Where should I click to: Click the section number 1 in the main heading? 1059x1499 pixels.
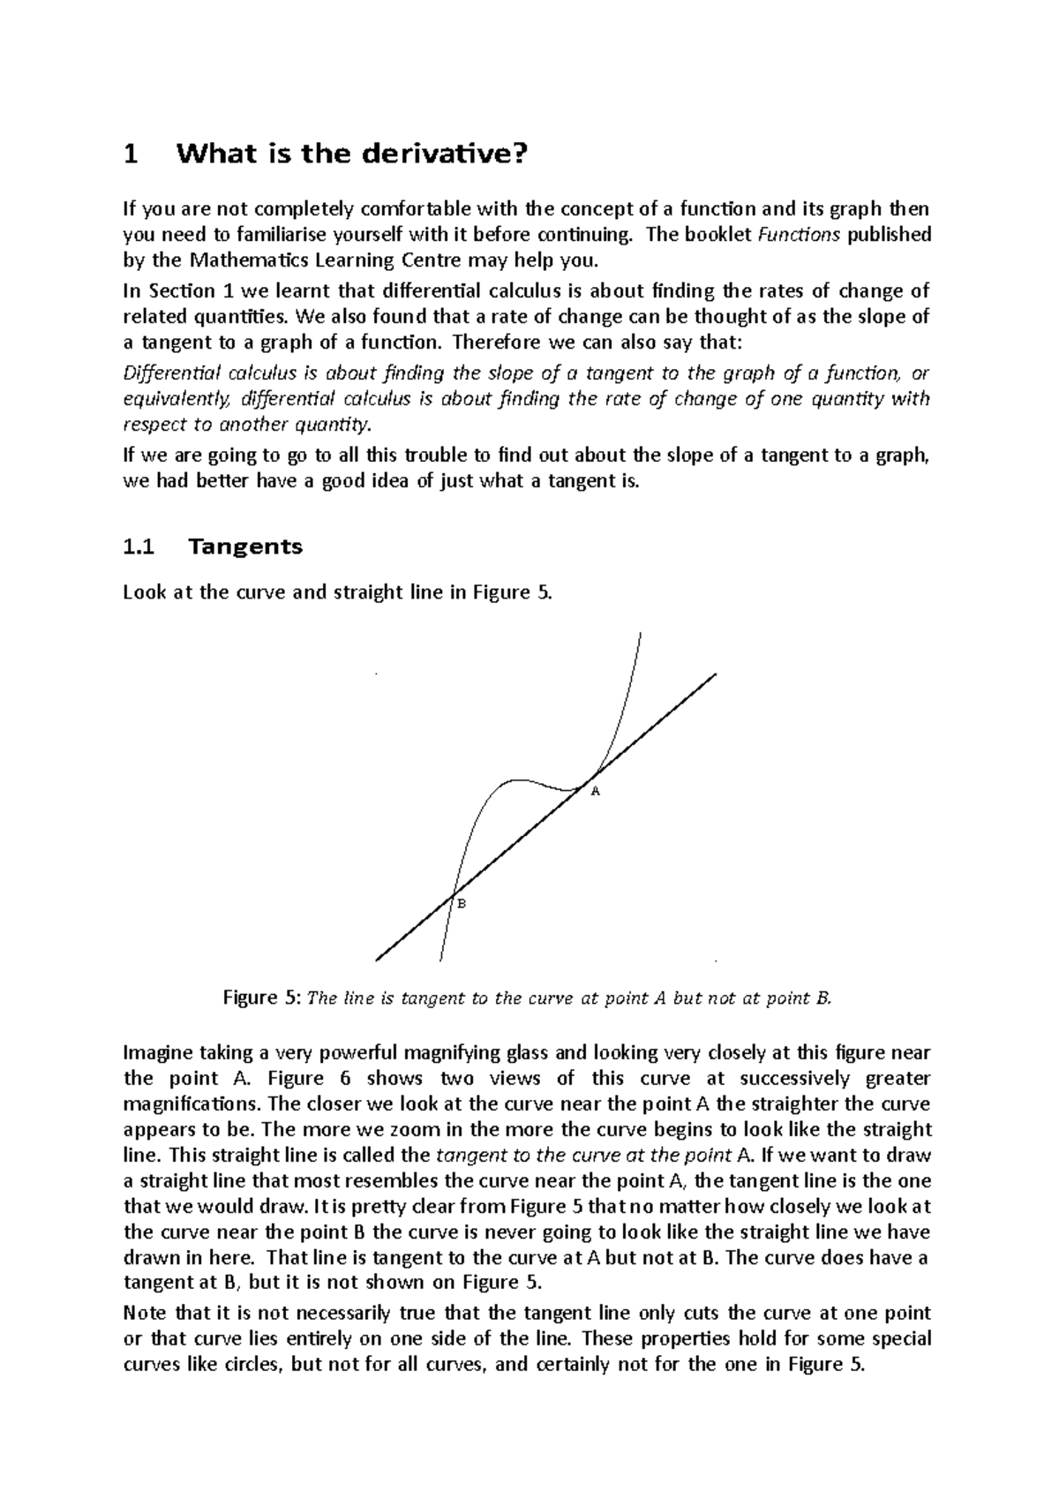point(131,155)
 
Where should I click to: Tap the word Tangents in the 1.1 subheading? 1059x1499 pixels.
point(245,547)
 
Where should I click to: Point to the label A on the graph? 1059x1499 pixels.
point(595,792)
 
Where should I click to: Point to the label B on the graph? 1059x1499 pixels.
point(460,904)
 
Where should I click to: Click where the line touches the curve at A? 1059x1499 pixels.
point(583,783)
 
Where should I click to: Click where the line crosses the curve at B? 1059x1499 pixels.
point(452,896)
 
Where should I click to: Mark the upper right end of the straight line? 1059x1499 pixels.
point(716,674)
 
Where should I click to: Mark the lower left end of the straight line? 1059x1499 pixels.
point(377,960)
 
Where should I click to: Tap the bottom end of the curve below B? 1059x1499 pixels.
point(439,960)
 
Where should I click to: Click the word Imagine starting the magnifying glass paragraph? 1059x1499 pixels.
point(157,1053)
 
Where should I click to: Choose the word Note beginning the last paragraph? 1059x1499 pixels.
point(144,1313)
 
